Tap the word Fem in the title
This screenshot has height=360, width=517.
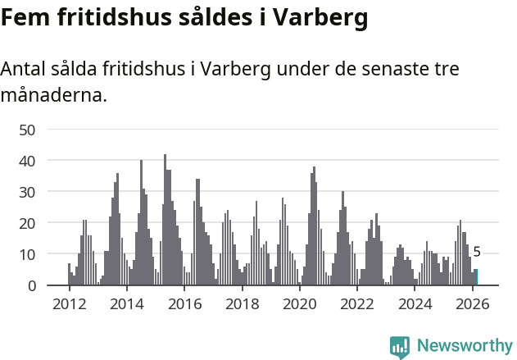pyautogui.click(x=25, y=17)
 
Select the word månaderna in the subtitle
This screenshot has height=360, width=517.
pyautogui.click(x=53, y=95)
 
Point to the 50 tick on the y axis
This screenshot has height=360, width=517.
pyautogui.click(x=27, y=130)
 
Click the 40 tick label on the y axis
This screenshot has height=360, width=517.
pyautogui.click(x=27, y=161)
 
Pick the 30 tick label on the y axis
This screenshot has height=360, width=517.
pyautogui.click(x=27, y=192)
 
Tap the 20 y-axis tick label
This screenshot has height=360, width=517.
pyautogui.click(x=27, y=223)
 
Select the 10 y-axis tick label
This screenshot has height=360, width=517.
pyautogui.click(x=27, y=254)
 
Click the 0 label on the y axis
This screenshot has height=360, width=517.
pyautogui.click(x=32, y=285)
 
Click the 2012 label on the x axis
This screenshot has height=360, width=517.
pyautogui.click(x=69, y=304)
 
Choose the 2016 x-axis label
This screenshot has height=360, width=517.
pyautogui.click(x=184, y=304)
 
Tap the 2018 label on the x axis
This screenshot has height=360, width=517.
pyautogui.click(x=242, y=304)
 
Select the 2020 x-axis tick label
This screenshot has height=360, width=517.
pyautogui.click(x=300, y=304)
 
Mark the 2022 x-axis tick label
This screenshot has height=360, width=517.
pyautogui.click(x=357, y=304)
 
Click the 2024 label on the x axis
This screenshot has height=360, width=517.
pyautogui.click(x=415, y=304)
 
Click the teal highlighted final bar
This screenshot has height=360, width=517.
pyautogui.click(x=476, y=277)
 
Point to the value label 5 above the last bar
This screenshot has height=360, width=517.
pyautogui.click(x=477, y=253)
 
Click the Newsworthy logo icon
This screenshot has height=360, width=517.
pyautogui.click(x=400, y=347)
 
